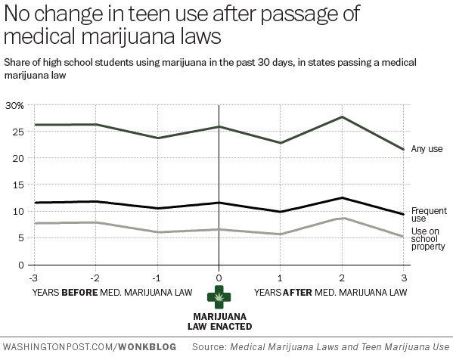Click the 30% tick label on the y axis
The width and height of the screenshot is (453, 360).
pyautogui.click(x=14, y=105)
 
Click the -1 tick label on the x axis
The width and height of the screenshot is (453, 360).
pyautogui.click(x=157, y=278)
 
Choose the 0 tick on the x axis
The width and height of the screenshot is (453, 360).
pyautogui.click(x=219, y=278)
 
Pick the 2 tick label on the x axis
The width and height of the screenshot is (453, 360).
pyautogui.click(x=343, y=278)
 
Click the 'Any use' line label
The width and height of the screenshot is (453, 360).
pyautogui.click(x=427, y=149)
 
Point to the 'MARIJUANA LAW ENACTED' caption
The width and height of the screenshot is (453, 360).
pyautogui.click(x=219, y=321)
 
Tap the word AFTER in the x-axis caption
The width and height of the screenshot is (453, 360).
pyautogui.click(x=296, y=292)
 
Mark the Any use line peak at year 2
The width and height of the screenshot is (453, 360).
pyautogui.click(x=343, y=117)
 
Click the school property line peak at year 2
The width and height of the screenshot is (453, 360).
pyautogui.click(x=343, y=218)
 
